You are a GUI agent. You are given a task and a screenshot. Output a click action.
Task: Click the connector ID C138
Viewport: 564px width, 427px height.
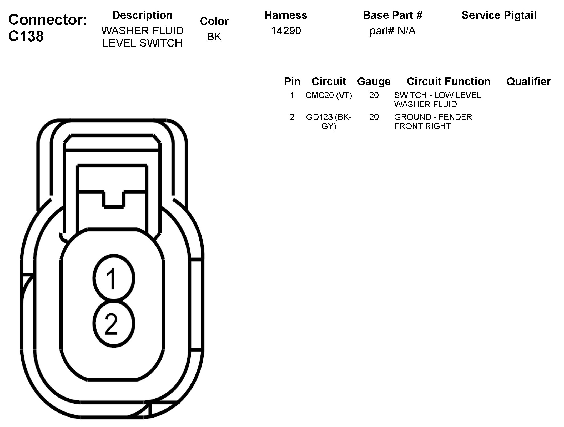[26, 36]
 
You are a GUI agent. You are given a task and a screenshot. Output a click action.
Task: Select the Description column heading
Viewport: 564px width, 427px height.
[142, 15]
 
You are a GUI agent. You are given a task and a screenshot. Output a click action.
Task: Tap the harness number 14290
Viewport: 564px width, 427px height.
[286, 31]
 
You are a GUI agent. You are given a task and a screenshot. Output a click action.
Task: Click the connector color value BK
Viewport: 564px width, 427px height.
[214, 37]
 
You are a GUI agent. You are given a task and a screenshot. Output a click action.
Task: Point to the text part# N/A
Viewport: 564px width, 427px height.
[392, 31]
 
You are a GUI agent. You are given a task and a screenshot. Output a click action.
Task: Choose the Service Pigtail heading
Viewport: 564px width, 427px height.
[499, 15]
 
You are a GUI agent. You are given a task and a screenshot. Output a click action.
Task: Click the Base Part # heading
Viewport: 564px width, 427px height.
[392, 15]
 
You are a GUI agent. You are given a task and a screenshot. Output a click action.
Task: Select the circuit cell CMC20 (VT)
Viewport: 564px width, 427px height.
[329, 95]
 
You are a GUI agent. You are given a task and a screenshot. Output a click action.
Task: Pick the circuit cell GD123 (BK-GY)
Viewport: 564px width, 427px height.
[329, 121]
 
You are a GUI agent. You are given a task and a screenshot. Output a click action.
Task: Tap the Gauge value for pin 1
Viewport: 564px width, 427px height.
[374, 95]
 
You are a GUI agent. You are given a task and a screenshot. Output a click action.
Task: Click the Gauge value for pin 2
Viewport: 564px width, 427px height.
[374, 117]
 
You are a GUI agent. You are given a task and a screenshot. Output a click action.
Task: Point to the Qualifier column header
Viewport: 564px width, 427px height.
[528, 82]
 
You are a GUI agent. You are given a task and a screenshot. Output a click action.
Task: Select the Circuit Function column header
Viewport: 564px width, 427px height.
[448, 82]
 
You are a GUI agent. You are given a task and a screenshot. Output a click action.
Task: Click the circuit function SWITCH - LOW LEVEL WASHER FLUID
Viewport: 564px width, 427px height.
[437, 100]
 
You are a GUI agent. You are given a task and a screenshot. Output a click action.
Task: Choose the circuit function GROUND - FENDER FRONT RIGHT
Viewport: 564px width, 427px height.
[433, 121]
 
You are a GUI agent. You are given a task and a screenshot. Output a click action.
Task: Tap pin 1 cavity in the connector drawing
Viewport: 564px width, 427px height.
[114, 279]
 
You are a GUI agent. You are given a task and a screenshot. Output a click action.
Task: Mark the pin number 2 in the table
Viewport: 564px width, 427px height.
[292, 117]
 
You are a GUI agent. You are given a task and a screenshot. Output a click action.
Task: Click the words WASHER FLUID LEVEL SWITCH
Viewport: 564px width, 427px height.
[142, 37]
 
